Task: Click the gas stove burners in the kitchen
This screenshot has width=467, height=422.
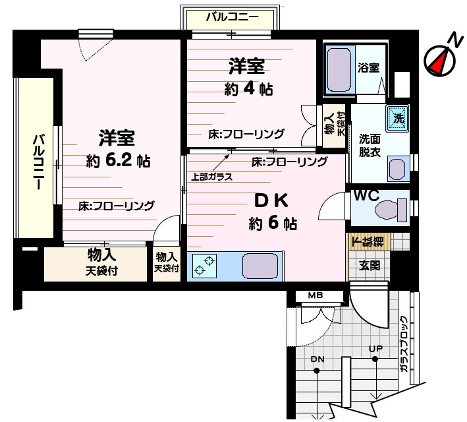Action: (205, 265)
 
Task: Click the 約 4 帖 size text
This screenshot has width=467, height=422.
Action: (248, 90)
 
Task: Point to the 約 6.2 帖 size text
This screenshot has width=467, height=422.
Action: (118, 160)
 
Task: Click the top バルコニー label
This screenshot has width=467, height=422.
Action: (231, 17)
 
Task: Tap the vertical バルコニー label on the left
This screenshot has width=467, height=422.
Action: (39, 162)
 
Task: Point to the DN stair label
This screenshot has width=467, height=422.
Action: (317, 359)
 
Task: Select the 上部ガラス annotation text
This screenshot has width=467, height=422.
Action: (211, 176)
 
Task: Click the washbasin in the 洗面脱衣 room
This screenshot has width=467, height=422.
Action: (396, 168)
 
